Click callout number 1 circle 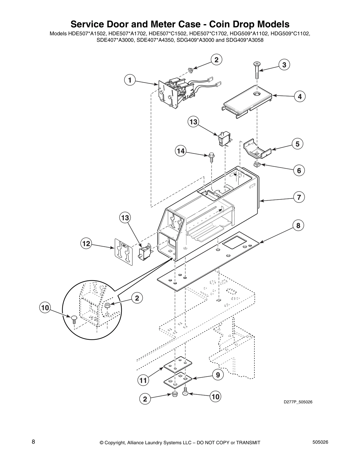130,80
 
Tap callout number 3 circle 284,65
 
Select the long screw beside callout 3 257,70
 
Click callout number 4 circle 299,96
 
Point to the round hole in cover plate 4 257,93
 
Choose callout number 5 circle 298,144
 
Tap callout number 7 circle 299,197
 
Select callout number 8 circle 298,226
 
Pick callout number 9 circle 218,375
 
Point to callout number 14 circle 181,151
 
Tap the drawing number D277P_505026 298,402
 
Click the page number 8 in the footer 34,442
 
